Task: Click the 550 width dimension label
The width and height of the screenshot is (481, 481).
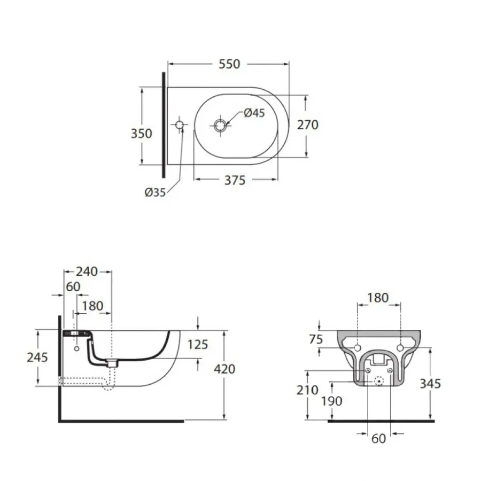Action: [x=229, y=64]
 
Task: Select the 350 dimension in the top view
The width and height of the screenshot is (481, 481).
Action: [x=142, y=133]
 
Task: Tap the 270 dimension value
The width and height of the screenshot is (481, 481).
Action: [x=307, y=125]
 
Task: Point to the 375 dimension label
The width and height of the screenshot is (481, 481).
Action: [x=235, y=181]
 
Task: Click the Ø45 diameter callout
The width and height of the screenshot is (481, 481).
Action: [x=254, y=113]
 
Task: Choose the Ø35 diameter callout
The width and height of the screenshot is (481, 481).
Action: [x=155, y=193]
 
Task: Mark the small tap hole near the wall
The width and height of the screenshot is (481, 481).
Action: [x=180, y=125]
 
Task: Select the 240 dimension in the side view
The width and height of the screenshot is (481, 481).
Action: [x=87, y=271]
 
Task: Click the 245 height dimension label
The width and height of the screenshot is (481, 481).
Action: [x=37, y=357]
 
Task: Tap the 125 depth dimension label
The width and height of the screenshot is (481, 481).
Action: [x=198, y=345]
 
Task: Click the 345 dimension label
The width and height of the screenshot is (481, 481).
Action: [x=431, y=384]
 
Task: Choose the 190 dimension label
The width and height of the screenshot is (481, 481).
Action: [x=332, y=401]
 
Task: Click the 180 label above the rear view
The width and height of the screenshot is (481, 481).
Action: [x=378, y=298]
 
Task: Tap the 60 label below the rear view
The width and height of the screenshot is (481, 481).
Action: [x=378, y=439]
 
